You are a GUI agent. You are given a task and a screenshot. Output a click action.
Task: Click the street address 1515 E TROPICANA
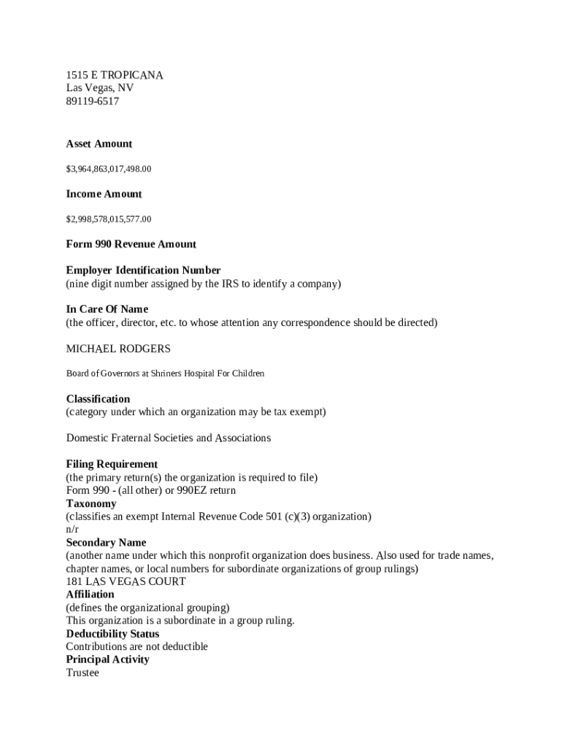[115, 75]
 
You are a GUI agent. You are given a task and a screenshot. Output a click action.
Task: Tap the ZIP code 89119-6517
[92, 101]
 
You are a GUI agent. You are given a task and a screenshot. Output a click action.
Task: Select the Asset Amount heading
[99, 144]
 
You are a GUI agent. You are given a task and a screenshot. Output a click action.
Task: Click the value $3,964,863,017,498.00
[109, 169]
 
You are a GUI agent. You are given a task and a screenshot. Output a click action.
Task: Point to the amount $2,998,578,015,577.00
[109, 219]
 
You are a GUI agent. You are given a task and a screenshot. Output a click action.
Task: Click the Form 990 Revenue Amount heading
[131, 244]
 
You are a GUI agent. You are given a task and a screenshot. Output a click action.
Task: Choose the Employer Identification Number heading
[143, 270]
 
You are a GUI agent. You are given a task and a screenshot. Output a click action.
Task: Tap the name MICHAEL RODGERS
[118, 349]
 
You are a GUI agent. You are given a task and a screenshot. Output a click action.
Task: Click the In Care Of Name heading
[107, 309]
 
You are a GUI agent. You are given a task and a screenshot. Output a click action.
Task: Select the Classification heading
[98, 399]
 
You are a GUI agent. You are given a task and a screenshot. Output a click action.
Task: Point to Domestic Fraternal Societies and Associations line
[168, 438]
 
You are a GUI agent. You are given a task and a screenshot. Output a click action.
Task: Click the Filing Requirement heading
[112, 464]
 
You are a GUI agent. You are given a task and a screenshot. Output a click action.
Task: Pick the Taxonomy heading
[91, 503]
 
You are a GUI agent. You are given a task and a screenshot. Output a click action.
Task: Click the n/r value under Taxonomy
[72, 529]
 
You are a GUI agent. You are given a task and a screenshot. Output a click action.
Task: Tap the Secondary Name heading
[106, 543]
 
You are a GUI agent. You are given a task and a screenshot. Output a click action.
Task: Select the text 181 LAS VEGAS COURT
[126, 581]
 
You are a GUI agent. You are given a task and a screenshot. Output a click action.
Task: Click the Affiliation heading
[90, 595]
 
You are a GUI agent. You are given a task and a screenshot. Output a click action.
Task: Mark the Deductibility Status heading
[112, 634]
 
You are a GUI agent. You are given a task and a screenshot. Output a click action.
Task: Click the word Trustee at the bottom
[82, 673]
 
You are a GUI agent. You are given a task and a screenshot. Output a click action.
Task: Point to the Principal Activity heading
[107, 659]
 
